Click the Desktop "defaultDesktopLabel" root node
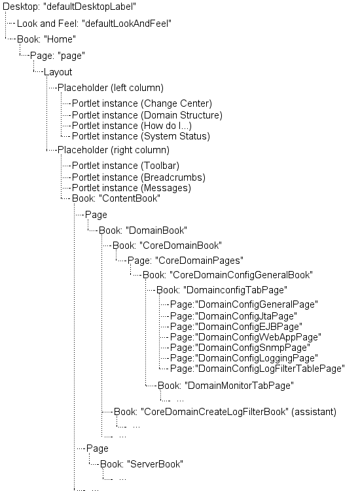tap(74, 7)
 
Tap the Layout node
tap(58, 72)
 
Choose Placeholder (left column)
tap(110, 87)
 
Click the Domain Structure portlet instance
tap(147, 115)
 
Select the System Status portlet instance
tap(140, 136)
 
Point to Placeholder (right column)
tap(113, 150)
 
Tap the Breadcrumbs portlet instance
tap(138, 177)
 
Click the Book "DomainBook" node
tap(143, 230)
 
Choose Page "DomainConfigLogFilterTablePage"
tap(256, 368)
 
